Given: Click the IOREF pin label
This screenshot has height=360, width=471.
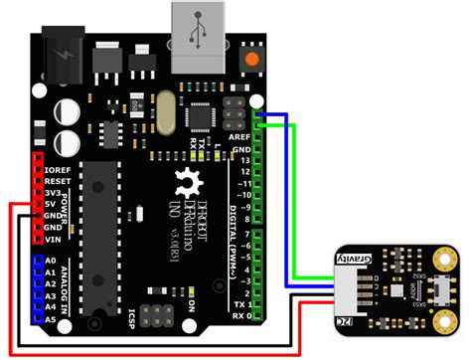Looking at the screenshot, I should [x=55, y=170].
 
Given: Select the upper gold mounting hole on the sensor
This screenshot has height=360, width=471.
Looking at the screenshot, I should [x=441, y=257].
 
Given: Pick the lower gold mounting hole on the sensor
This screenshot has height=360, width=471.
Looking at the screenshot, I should [x=441, y=319].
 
